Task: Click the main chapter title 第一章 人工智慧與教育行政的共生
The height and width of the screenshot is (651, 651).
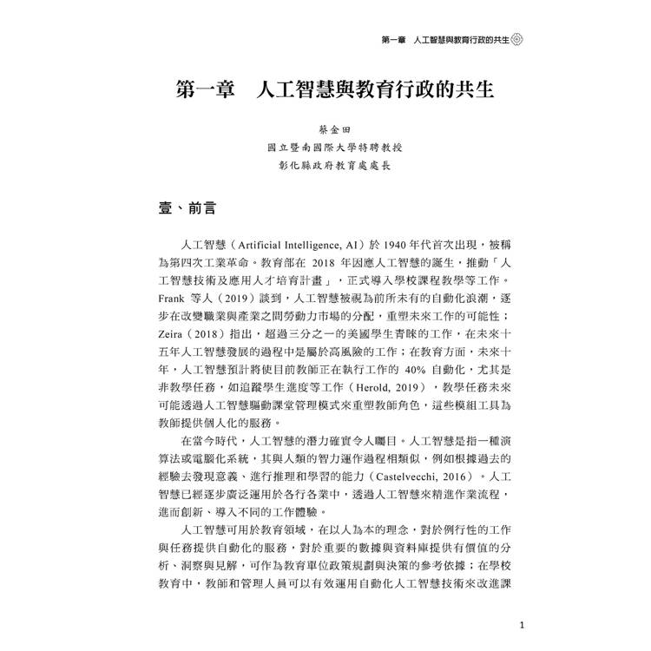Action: coord(334,92)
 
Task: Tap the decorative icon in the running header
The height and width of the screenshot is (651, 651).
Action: coord(517,40)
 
